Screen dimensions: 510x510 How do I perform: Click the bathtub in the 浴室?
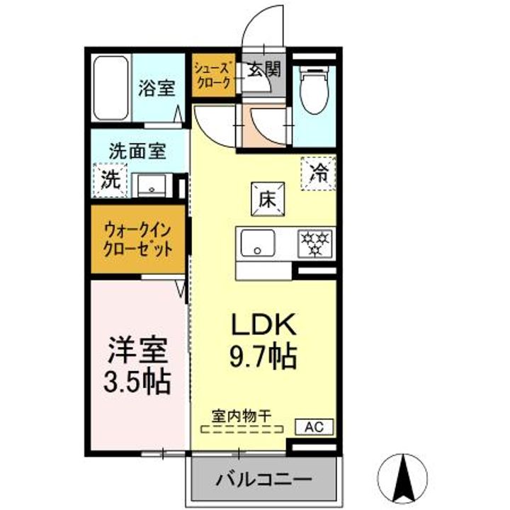[111, 89]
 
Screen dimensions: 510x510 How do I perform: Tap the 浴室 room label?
[157, 89]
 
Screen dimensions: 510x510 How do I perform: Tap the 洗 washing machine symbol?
[110, 178]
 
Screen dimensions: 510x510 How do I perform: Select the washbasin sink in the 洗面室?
[151, 186]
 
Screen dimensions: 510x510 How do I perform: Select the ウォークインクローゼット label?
[138, 240]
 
